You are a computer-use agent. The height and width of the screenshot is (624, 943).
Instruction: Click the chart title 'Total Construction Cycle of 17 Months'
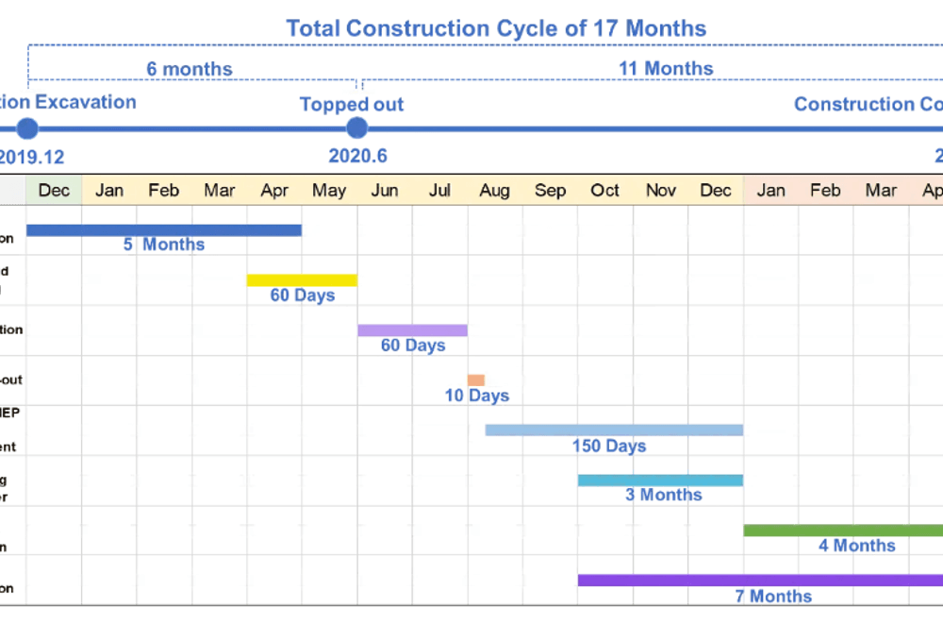496,28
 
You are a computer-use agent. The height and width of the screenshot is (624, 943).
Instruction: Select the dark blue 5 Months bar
164,229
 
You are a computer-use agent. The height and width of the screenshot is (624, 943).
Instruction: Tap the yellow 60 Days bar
302,279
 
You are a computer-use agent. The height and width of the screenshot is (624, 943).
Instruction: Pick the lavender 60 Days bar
412,330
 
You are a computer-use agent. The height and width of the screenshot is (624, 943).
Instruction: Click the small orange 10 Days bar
476,380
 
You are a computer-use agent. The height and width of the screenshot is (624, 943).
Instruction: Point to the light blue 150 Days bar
614,430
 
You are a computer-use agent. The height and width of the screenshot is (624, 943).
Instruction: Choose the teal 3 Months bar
660,481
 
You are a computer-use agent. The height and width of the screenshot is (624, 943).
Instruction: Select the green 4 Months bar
843,531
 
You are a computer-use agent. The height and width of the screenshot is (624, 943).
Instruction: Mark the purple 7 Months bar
760,581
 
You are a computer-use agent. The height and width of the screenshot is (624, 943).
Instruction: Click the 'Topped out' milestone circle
356,128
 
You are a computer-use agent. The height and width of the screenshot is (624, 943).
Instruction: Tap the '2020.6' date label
357,157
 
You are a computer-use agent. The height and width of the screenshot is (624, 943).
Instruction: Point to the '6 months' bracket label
189,69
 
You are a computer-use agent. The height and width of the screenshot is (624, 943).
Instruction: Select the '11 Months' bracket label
666,69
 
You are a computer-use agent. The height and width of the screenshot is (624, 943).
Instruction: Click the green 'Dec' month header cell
54,191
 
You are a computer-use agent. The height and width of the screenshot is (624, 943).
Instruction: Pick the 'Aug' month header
494,191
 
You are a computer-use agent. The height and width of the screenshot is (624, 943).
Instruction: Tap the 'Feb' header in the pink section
825,191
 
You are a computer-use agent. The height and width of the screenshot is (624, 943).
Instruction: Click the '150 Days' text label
609,446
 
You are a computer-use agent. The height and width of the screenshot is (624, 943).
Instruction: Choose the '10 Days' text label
477,396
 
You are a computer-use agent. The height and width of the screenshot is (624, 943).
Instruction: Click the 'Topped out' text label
352,104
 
